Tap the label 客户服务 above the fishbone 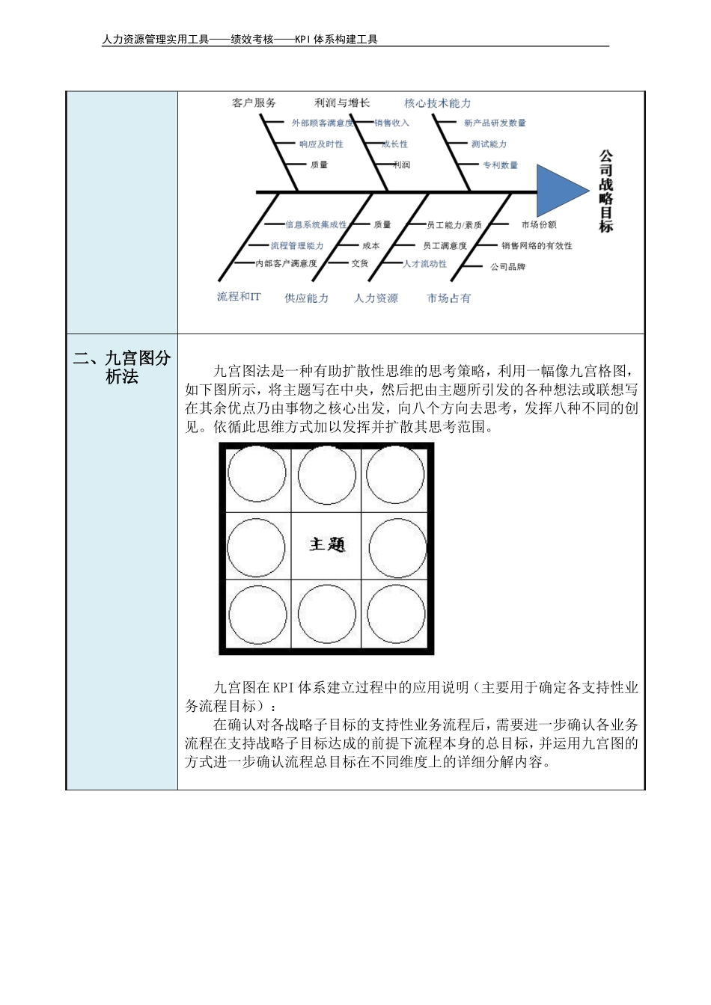click(x=254, y=103)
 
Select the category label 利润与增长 click(x=342, y=103)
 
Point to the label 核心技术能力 click(x=438, y=103)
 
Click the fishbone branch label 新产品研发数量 click(x=495, y=123)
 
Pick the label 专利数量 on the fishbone click(x=500, y=165)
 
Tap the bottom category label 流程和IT click(x=239, y=297)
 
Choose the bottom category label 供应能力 click(x=307, y=298)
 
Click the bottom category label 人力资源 click(x=376, y=298)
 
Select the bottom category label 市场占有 click(x=449, y=298)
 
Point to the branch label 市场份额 click(x=539, y=224)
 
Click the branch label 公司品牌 click(x=508, y=266)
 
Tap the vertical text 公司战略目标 click(x=605, y=191)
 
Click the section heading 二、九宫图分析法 click(x=122, y=367)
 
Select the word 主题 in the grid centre click(x=327, y=544)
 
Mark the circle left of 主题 click(x=257, y=547)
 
